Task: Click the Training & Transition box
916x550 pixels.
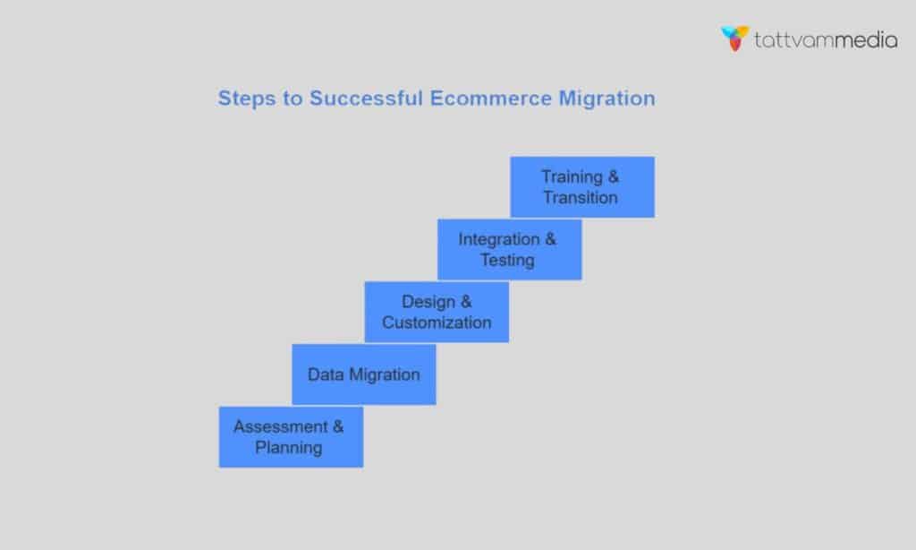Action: pyautogui.click(x=582, y=187)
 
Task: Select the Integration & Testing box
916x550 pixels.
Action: pyautogui.click(x=509, y=250)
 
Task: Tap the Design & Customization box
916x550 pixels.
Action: pyautogui.click(x=437, y=312)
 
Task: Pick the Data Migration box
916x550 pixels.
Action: pyautogui.click(x=364, y=374)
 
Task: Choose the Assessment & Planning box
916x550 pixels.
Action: pyautogui.click(x=291, y=436)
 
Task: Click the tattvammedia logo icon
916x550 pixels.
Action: pyautogui.click(x=734, y=39)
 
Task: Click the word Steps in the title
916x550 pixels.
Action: pyautogui.click(x=243, y=98)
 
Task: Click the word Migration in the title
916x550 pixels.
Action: pyautogui.click(x=607, y=98)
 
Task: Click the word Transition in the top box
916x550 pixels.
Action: pyautogui.click(x=581, y=197)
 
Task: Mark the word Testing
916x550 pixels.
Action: pyautogui.click(x=507, y=261)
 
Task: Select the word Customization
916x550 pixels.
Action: pyautogui.click(x=437, y=322)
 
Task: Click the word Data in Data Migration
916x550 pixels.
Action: pyautogui.click(x=325, y=374)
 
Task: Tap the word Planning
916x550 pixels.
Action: pyautogui.click(x=289, y=447)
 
